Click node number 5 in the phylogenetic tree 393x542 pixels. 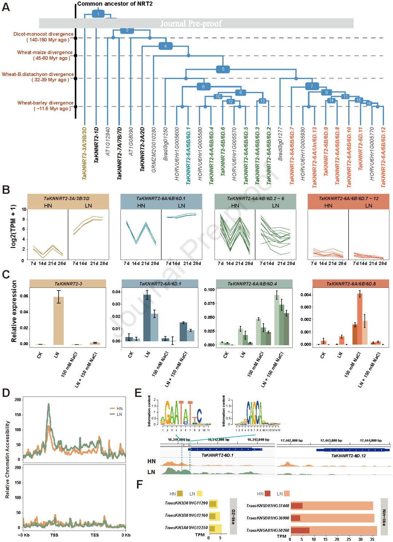pos(223,69)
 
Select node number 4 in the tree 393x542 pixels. pos(165,46)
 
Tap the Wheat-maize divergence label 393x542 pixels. pos(45,55)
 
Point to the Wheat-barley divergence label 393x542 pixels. pos(45,105)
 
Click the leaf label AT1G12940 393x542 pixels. pos(108,142)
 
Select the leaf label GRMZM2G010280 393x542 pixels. pos(154,150)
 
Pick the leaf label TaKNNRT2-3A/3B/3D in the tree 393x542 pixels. pos(84,153)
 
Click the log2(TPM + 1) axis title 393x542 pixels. pos(13,226)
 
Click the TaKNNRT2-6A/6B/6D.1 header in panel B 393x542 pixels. pos(161,199)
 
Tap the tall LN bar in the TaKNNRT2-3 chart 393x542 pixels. pos(59,320)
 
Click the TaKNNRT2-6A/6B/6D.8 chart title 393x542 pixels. pos(351,284)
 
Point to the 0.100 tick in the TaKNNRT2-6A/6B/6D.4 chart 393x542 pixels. pos(209,290)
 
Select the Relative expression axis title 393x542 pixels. pos(14,311)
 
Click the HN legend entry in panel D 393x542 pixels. pos(116,409)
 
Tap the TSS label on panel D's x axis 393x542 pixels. pos(54,535)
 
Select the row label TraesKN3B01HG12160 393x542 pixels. pos(186,515)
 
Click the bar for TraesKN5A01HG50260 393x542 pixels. pos(333,530)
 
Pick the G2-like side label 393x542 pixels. pos(233,516)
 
